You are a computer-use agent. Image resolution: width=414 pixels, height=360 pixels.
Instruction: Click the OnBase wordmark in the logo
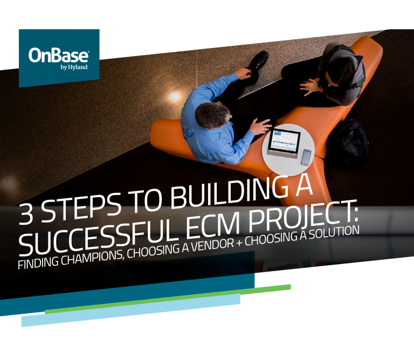point(59,55)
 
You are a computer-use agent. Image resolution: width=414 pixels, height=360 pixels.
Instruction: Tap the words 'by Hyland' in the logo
point(74,67)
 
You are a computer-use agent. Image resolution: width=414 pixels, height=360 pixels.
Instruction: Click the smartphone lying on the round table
point(306,157)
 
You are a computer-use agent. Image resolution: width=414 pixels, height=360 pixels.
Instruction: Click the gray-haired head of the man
point(211,115)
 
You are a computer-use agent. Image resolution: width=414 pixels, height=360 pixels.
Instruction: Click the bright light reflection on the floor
point(174,96)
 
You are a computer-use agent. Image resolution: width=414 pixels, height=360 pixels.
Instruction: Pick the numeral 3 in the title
point(26,214)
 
